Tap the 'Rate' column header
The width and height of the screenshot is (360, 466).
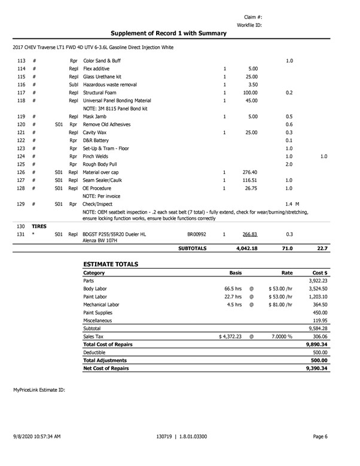point(287,273)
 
